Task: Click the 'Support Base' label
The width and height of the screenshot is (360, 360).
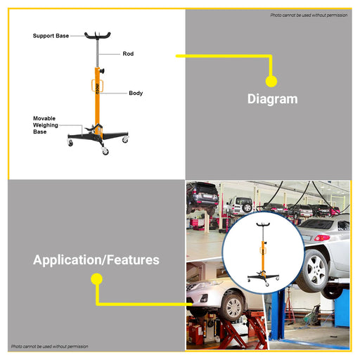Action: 51,36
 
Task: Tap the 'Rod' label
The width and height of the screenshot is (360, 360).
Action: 128,53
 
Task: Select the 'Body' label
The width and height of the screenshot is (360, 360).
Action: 136,93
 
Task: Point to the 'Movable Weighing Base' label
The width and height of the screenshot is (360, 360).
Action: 46,125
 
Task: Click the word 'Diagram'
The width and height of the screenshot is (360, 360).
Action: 273,99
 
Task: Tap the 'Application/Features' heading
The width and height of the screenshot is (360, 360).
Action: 96,260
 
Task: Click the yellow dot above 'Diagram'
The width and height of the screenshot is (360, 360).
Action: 271,82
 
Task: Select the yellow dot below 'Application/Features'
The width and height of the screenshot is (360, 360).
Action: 96,279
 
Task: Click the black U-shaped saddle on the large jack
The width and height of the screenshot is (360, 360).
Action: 97,36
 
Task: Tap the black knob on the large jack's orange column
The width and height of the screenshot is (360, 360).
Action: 102,71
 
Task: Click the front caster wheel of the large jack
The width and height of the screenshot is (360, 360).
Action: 105,151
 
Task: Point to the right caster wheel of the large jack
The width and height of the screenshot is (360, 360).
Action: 125,139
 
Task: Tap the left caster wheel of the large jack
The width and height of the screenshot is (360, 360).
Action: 70,143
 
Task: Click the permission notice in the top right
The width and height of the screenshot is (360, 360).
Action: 309,15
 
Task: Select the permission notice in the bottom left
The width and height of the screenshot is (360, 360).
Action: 50,346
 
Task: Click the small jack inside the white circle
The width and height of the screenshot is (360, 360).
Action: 263,254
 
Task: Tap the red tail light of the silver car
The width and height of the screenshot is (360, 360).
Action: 322,238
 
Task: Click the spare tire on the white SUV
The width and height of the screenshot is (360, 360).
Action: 247,207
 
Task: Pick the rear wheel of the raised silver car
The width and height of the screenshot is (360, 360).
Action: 313,270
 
